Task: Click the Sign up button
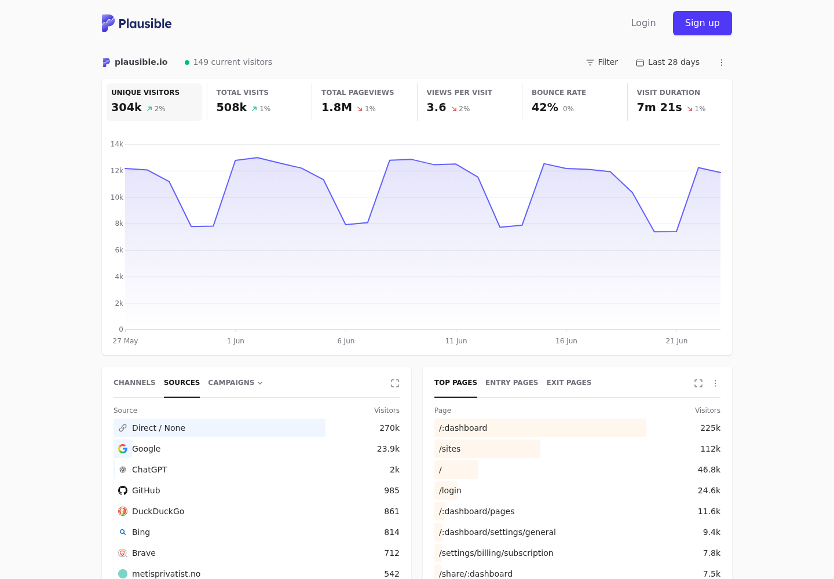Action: [x=702, y=23]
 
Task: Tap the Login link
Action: [x=643, y=23]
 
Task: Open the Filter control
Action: [x=602, y=62]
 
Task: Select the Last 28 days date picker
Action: [x=668, y=62]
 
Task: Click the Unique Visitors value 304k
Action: [x=126, y=108]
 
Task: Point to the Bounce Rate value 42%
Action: [x=544, y=108]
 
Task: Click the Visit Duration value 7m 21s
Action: [x=659, y=108]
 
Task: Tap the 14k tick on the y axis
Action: [x=116, y=144]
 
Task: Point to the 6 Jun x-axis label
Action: [x=346, y=341]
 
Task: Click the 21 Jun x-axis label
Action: [x=676, y=341]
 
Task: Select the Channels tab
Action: [x=134, y=383]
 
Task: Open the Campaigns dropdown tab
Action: [x=235, y=383]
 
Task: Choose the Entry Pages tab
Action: [x=511, y=383]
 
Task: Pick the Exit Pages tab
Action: [x=569, y=383]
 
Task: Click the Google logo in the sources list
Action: [x=123, y=449]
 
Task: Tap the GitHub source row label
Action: [x=146, y=490]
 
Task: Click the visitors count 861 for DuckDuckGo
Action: [x=392, y=511]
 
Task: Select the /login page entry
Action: [x=450, y=490]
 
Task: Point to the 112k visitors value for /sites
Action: [x=710, y=449]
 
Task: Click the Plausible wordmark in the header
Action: [x=145, y=23]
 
